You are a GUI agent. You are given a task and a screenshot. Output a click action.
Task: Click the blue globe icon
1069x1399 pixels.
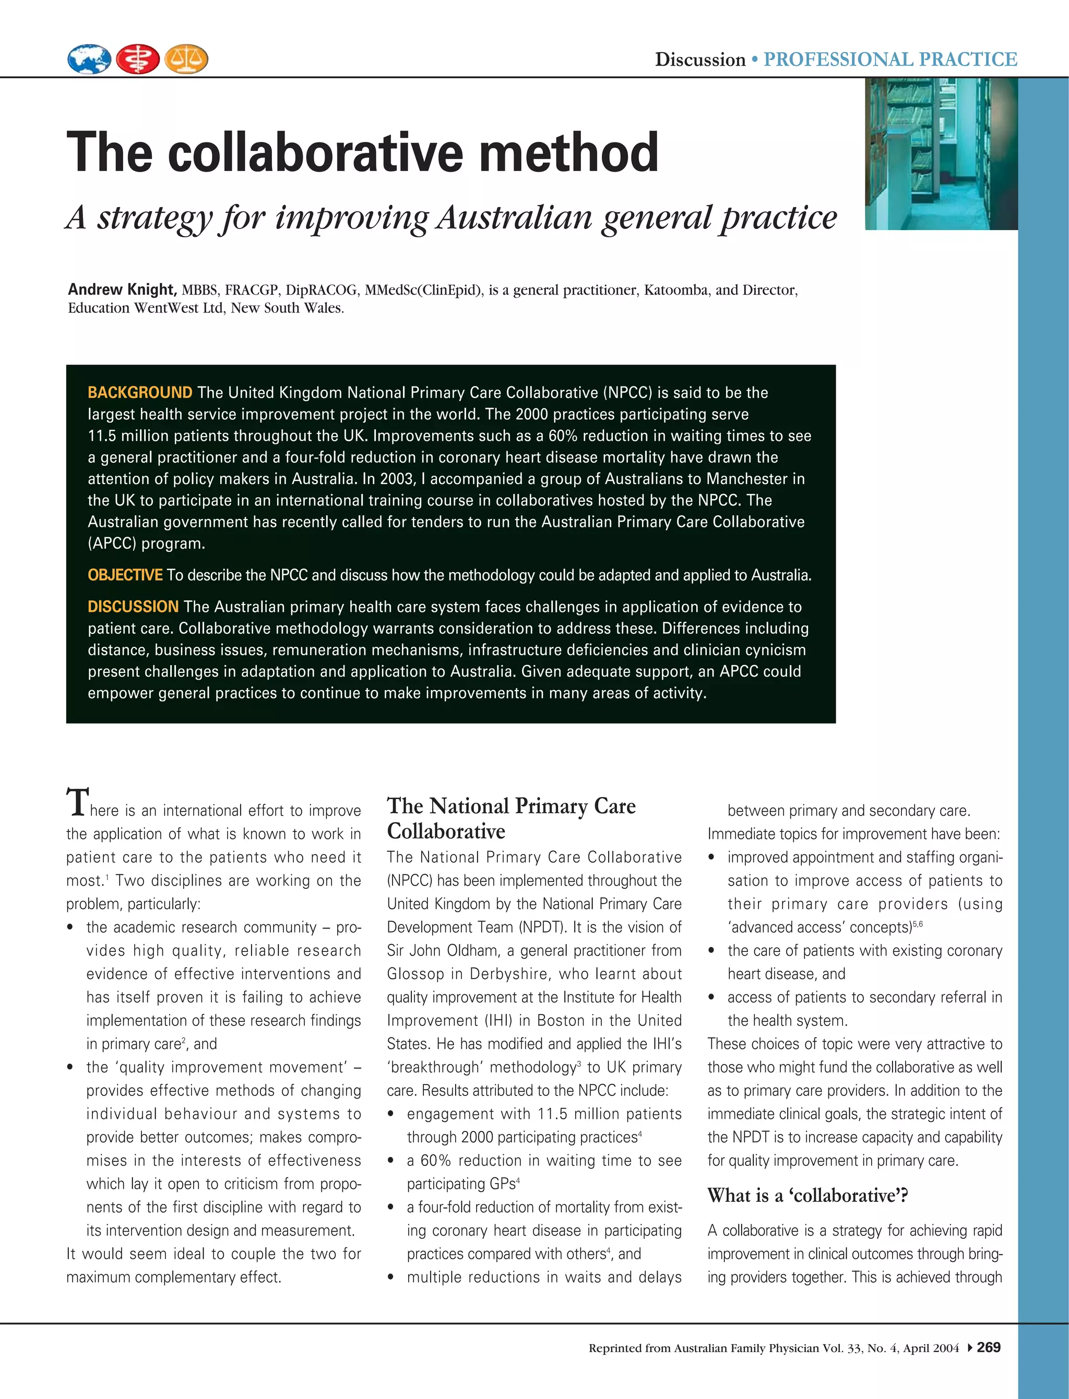89,59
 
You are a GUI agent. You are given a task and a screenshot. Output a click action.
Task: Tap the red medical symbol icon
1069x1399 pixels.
137,59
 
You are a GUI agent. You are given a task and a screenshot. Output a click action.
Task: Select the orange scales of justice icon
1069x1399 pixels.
186,59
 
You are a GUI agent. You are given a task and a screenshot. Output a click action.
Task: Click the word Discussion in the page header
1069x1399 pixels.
700,60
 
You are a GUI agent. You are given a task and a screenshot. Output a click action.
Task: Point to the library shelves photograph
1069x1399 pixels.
941,153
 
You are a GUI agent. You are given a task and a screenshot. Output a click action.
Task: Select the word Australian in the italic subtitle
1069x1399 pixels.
515,218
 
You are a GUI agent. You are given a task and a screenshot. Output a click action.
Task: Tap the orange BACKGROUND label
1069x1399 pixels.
139,392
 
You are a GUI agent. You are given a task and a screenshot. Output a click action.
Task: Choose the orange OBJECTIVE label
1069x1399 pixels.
125,575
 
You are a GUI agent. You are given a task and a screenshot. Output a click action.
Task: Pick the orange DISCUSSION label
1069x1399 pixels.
133,607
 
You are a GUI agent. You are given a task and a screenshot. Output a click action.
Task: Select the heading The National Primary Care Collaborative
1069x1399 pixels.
511,818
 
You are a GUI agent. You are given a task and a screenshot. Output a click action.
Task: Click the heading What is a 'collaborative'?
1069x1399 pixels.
807,1196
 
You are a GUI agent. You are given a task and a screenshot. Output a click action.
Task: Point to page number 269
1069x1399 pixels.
989,1347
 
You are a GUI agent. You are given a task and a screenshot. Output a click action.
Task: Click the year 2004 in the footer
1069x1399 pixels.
946,1348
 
